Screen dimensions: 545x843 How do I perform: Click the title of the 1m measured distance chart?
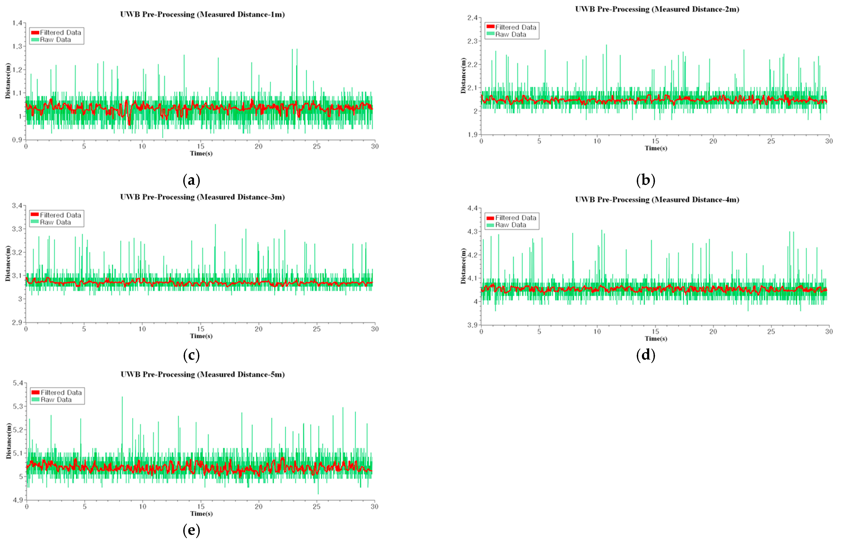pyautogui.click(x=202, y=15)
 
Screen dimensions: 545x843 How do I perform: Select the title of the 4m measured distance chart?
pyautogui.click(x=657, y=200)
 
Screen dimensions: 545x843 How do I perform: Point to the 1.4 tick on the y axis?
pyautogui.click(x=17, y=23)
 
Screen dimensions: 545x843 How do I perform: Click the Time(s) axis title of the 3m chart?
pyautogui.click(x=201, y=336)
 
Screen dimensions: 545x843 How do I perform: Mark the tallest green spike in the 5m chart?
pyautogui.click(x=122, y=397)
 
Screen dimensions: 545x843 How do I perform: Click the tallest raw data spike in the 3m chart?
pyautogui.click(x=215, y=224)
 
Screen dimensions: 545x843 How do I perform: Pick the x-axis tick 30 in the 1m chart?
pyautogui.click(x=375, y=147)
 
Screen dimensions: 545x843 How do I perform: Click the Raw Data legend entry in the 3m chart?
pyautogui.click(x=55, y=222)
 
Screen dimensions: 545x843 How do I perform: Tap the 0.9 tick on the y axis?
pyautogui.click(x=17, y=140)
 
